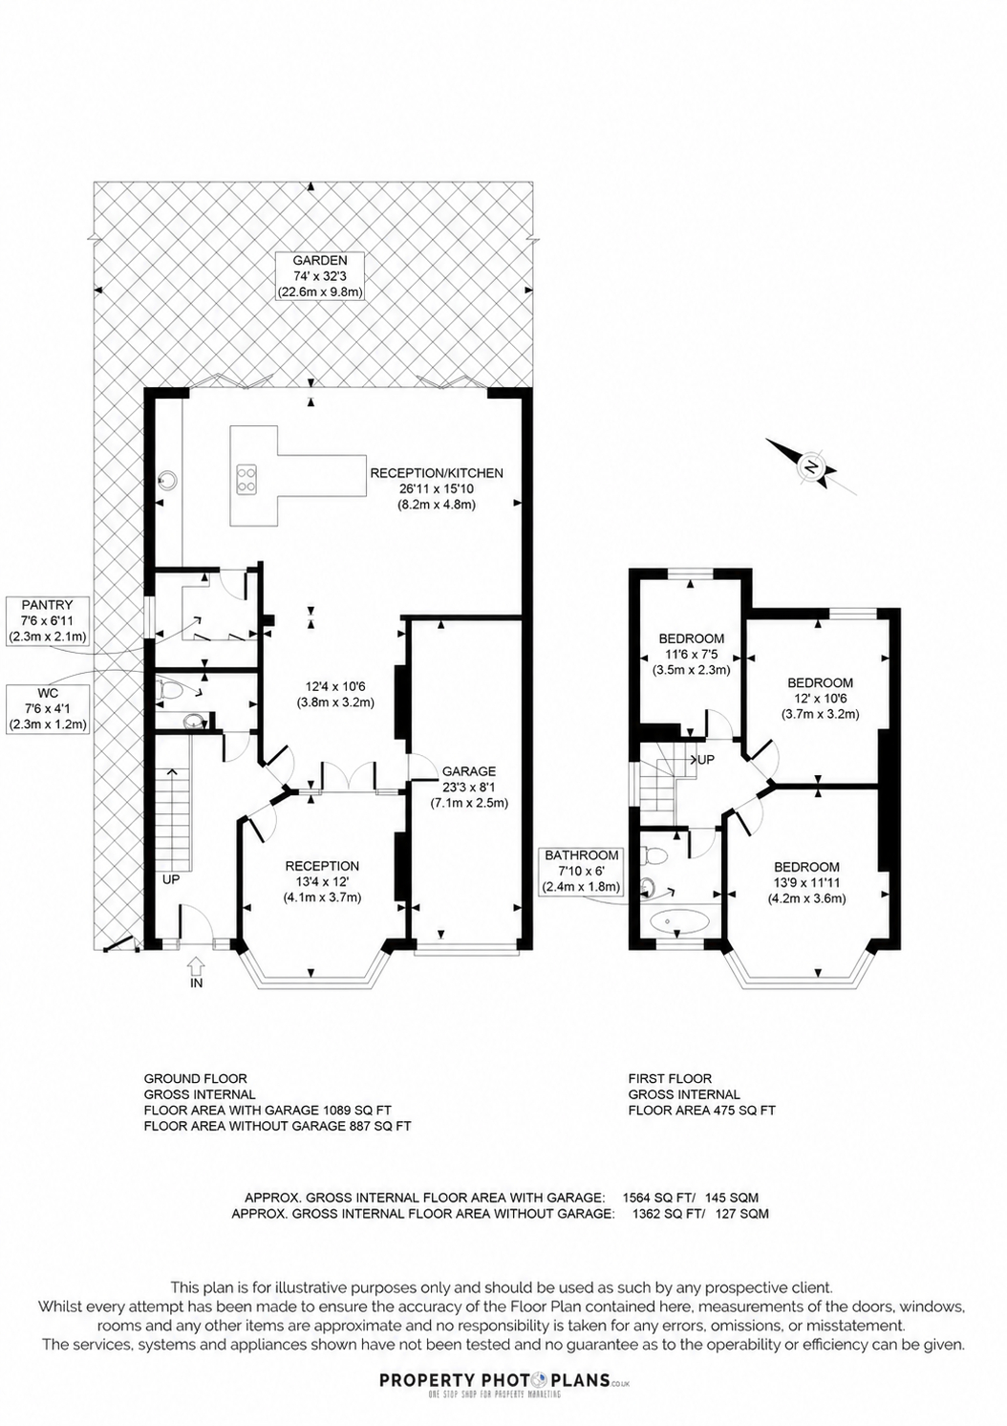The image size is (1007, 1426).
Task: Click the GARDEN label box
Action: coord(320,276)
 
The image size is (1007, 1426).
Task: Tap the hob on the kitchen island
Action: coord(247,479)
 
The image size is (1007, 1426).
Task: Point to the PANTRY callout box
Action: coord(47,620)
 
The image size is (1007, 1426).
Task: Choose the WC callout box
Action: coord(47,708)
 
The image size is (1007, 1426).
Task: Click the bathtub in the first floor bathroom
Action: coord(679,920)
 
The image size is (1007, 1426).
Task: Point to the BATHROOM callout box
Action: coord(580,871)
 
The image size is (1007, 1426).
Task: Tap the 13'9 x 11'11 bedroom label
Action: coord(806,883)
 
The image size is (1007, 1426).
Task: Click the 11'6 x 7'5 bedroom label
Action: coord(692,654)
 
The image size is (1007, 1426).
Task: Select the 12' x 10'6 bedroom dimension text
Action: coord(821,699)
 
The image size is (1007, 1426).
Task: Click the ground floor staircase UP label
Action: coord(171,879)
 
